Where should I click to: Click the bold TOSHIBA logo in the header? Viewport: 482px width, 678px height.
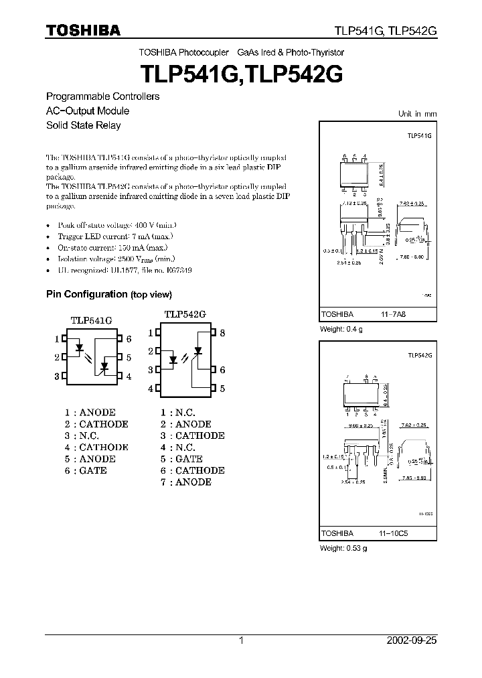point(83,30)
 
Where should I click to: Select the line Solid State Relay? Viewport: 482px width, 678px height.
point(83,125)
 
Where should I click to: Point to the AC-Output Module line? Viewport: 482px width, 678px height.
point(87,111)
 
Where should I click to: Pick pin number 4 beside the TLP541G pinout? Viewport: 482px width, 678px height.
point(128,377)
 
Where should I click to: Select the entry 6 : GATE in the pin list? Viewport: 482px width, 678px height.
point(86,470)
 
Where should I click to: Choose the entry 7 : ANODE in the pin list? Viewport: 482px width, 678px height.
point(185,482)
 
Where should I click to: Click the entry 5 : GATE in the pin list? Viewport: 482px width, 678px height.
point(181,459)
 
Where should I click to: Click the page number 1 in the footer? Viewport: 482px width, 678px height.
point(241,640)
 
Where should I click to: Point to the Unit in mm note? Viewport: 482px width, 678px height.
point(417,114)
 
